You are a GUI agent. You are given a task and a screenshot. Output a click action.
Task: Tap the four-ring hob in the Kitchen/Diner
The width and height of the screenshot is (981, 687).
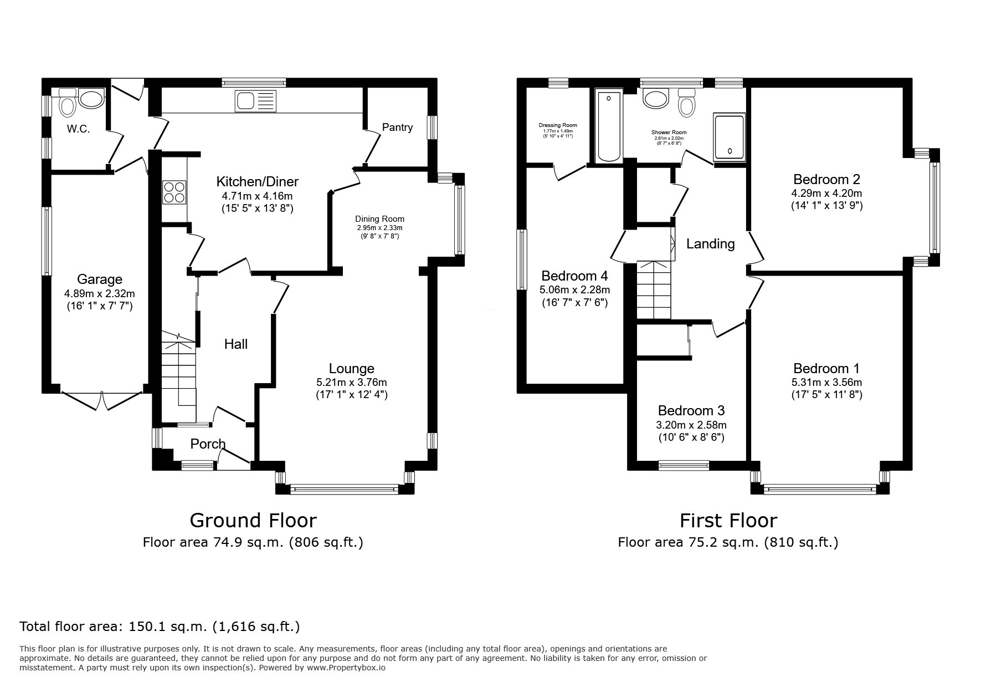[x=174, y=192]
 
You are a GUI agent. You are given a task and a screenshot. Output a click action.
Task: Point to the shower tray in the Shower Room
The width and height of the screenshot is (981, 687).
[x=729, y=136]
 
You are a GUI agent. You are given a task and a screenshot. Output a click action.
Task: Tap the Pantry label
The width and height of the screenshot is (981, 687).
[x=397, y=128]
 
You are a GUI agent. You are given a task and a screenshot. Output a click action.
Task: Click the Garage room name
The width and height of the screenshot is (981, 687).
[x=100, y=279]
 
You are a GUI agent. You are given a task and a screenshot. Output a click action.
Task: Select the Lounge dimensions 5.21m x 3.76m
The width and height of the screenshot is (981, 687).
[x=351, y=383]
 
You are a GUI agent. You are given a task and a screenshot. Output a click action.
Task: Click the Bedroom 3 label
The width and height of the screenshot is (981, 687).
[x=691, y=411]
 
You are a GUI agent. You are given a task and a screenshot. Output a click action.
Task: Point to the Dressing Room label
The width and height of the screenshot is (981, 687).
[x=558, y=125]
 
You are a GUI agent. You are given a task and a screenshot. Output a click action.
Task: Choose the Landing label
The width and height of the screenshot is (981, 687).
[x=710, y=244]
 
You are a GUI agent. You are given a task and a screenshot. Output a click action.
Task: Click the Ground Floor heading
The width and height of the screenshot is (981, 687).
[x=253, y=521]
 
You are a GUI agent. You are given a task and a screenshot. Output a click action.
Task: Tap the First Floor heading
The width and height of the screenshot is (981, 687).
[x=728, y=521]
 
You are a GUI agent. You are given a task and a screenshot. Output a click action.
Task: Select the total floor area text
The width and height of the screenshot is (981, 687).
[x=160, y=627]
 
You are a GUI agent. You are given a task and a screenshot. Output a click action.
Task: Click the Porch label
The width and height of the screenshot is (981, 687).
[x=208, y=444]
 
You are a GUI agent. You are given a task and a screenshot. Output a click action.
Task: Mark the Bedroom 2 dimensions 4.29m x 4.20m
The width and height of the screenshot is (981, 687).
[x=826, y=194]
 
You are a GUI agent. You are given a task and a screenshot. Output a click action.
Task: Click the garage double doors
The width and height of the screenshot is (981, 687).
[x=102, y=400]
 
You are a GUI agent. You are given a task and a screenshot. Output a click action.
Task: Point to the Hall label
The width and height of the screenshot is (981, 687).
[x=236, y=344]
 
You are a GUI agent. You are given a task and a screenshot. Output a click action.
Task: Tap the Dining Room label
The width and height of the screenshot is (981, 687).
[x=380, y=219]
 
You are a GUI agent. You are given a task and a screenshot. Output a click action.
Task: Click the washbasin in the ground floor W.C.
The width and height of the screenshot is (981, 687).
[x=91, y=99]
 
